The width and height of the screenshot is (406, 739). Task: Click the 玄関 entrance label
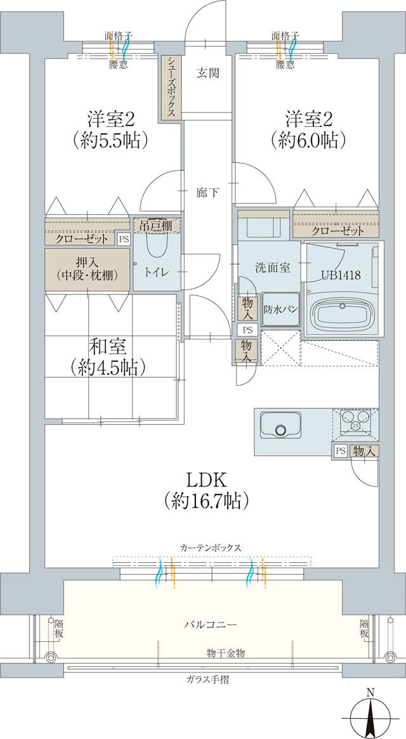click(x=207, y=73)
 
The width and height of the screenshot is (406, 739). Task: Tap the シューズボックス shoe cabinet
click(x=171, y=87)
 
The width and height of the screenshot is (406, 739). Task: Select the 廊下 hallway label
click(x=207, y=192)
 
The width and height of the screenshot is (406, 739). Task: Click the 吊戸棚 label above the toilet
click(x=156, y=224)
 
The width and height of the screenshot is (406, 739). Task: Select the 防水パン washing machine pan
click(x=278, y=310)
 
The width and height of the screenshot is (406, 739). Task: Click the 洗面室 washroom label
click(x=274, y=268)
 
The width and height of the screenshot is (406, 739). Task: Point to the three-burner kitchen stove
click(x=355, y=421)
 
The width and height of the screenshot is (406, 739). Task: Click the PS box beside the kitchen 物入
click(x=341, y=451)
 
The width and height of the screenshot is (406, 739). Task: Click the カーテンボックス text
click(x=210, y=547)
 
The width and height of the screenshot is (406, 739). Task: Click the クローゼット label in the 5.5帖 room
click(x=79, y=239)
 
